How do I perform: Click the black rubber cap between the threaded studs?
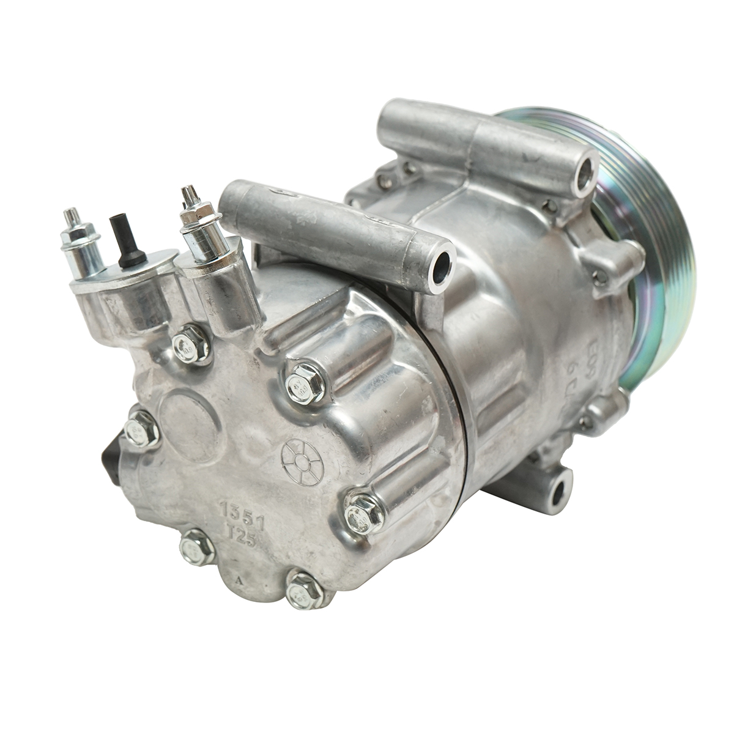tap(125, 242)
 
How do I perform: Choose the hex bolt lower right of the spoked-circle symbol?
tap(363, 516)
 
